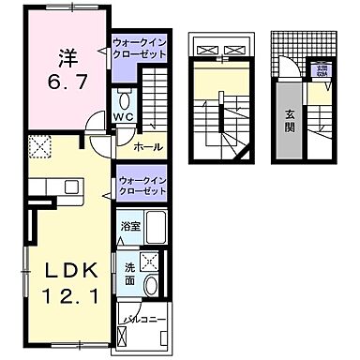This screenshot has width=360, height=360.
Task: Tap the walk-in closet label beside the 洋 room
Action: [140, 49]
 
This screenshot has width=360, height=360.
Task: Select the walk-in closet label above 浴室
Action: [142, 184]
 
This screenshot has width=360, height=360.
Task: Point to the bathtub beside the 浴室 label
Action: [156, 229]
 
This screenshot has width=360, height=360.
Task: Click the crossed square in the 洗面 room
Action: [148, 262]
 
